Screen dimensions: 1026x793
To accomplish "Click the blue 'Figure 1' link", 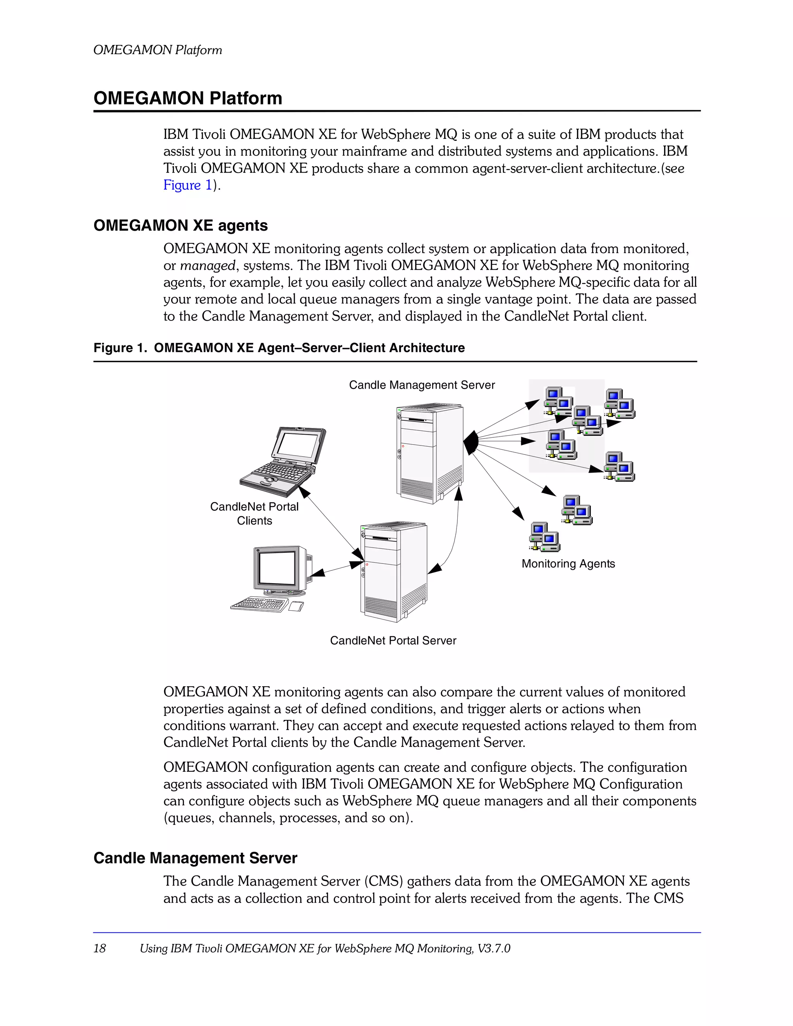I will click(187, 185).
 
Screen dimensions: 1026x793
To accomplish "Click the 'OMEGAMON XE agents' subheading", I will click(180, 226).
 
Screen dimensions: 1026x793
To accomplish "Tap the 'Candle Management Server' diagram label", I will click(422, 385).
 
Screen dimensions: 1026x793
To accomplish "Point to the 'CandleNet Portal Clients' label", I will click(254, 514).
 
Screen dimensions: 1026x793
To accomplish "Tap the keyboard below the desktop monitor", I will click(260, 604).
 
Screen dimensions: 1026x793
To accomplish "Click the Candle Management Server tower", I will click(429, 453).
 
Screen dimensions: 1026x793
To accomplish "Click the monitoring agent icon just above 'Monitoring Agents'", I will click(544, 537).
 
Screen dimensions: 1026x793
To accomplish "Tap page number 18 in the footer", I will click(100, 948).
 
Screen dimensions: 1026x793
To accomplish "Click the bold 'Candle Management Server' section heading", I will click(195, 858).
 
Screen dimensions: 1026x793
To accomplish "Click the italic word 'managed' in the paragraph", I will click(207, 266).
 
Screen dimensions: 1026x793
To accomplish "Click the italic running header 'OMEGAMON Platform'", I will click(158, 50).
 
